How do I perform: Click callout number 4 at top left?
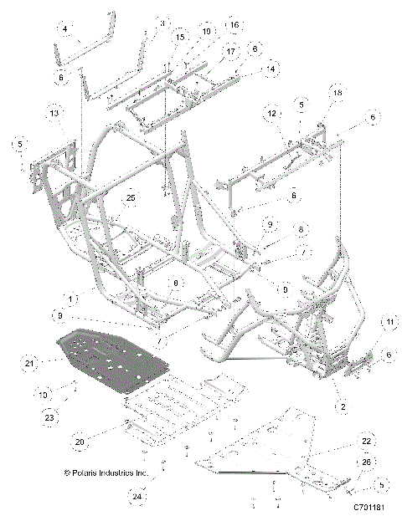pos(65,28)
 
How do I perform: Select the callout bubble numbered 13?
pos(54,112)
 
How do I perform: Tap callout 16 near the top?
pos(234,26)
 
